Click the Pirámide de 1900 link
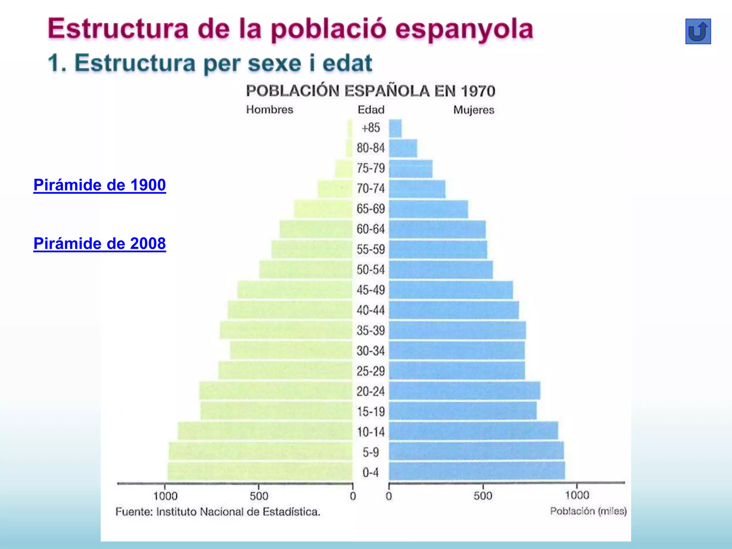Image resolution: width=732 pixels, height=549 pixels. coord(99,185)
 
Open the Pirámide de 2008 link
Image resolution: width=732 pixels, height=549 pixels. coord(99,244)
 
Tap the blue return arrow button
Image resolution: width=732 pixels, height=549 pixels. coord(698,31)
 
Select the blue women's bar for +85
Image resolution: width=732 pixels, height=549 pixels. coord(395,128)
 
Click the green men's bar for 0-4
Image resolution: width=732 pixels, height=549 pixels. coord(260,471)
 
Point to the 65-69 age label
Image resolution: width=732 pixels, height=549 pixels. coord(371,209)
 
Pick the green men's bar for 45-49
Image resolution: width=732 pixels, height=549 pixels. coord(295,290)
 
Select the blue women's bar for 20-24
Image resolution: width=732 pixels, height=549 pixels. coord(464,391)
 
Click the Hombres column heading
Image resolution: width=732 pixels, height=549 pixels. coord(269,109)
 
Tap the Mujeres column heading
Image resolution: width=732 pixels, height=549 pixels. coord(474,110)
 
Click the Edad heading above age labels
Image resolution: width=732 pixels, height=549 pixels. coord(371,109)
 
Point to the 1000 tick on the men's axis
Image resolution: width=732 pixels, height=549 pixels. coord(165,496)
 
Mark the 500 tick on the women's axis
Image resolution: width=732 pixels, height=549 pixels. coord(483,496)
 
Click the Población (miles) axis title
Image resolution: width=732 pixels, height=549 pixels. coord(588,511)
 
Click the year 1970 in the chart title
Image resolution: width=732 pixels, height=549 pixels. coord(478,91)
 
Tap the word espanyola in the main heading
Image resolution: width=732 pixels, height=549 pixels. coord(464,29)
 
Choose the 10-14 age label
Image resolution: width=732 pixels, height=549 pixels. coord(371,432)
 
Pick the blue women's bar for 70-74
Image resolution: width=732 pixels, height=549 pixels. coord(417,189)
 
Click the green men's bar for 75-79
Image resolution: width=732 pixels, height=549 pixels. coord(343,169)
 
